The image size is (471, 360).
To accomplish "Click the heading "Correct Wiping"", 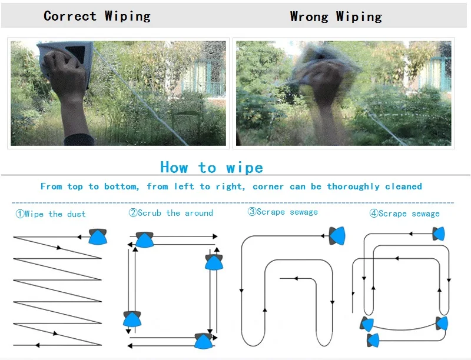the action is click(97, 16).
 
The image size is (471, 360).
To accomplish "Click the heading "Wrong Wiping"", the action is click(336, 17).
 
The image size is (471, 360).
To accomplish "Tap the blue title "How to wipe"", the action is click(212, 168).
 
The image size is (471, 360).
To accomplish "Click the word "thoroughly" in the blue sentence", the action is click(353, 186).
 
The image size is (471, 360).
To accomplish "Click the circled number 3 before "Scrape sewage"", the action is click(252, 212).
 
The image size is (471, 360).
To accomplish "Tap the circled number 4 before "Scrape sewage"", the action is click(374, 214).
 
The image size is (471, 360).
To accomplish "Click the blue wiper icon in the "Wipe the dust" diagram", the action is click(98, 236).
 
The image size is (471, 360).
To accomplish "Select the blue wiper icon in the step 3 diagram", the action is click(337, 236).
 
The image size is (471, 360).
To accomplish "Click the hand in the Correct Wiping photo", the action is click(65, 71).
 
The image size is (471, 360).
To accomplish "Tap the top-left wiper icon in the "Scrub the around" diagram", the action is click(145, 239).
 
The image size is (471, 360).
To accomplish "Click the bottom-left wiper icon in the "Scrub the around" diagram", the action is click(132, 319).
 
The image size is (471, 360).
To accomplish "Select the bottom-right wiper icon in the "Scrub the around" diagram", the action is click(204, 341).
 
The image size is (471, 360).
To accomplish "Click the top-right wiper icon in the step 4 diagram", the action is click(439, 234).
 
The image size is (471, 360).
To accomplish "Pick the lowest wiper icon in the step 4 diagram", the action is click(373, 341).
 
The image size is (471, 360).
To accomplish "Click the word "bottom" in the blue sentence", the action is click(121, 186).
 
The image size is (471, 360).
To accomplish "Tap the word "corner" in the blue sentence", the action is click(268, 186).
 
